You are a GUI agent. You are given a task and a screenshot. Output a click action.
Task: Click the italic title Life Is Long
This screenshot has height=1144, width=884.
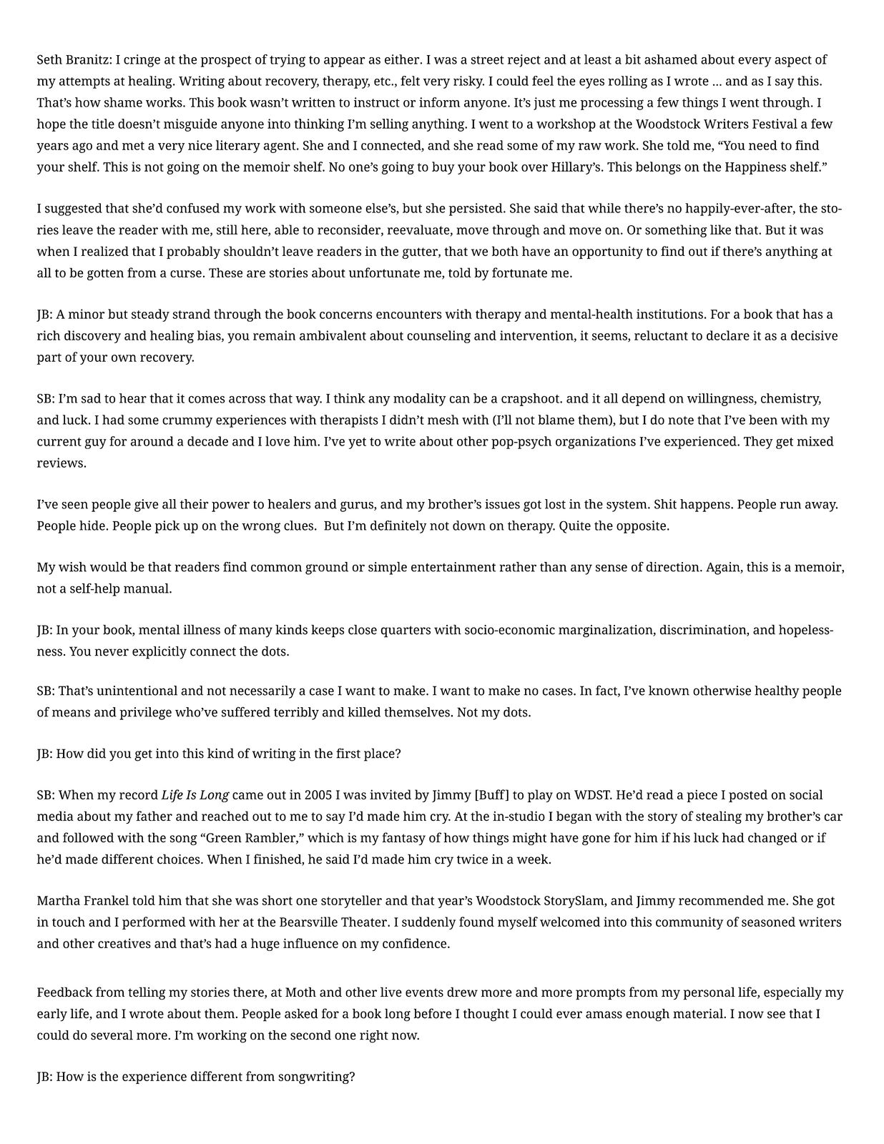point(195,794)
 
